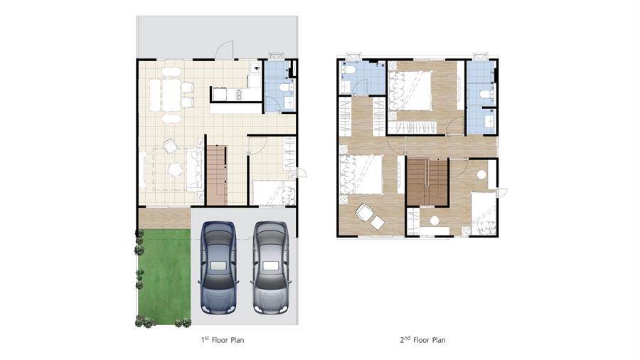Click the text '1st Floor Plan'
(223, 339)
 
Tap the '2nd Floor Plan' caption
(422, 339)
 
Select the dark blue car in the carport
(218, 268)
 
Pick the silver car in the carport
(271, 268)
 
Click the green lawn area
(164, 277)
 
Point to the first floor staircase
(216, 175)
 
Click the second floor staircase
(427, 182)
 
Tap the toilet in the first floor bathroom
(284, 87)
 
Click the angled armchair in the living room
(171, 146)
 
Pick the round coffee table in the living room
(176, 170)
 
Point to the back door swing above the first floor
(224, 49)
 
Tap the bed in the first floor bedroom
(272, 192)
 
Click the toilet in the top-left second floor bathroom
(348, 69)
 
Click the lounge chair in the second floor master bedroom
(363, 213)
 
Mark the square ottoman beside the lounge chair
(378, 223)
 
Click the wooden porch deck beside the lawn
(164, 218)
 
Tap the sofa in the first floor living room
(195, 169)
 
